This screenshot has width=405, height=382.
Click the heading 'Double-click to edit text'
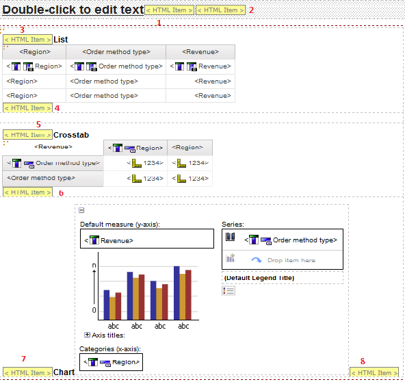(x=73, y=10)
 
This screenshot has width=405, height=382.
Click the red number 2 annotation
(x=251, y=10)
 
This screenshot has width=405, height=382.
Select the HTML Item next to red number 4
(x=27, y=107)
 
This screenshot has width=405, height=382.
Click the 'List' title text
(x=61, y=40)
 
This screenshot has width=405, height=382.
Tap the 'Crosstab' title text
(x=71, y=135)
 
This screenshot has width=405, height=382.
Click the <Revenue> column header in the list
(x=200, y=52)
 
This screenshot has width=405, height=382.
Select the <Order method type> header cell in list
(x=116, y=52)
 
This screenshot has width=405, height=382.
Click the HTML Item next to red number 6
(x=27, y=192)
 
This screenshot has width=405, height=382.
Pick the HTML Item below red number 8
(x=374, y=372)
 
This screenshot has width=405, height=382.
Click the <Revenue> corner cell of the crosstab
(x=53, y=147)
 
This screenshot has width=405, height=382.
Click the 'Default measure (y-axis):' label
(x=120, y=225)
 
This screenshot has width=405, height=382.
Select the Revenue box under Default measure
(x=147, y=238)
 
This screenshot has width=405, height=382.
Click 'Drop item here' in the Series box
(x=291, y=260)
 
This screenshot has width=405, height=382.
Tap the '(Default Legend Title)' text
(x=259, y=278)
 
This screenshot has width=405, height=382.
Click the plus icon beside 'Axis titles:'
(x=87, y=335)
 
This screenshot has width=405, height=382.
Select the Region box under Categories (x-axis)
(x=111, y=362)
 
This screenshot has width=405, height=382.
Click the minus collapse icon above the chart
(x=81, y=210)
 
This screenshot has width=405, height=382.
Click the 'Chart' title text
(x=64, y=372)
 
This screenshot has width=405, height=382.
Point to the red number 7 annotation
(x=23, y=359)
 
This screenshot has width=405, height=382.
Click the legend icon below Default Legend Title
(x=228, y=291)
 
